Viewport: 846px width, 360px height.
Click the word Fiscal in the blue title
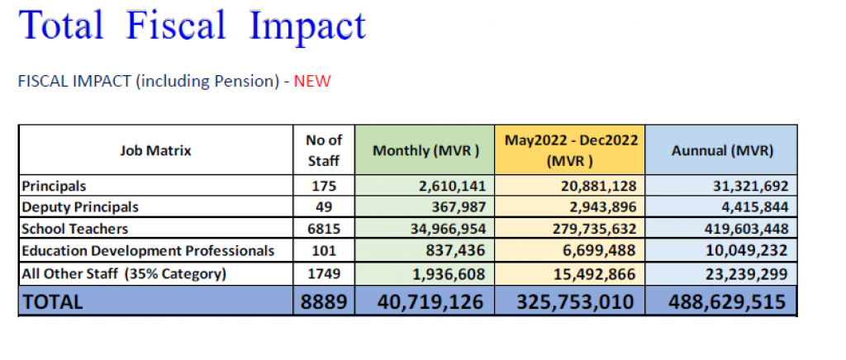coord(175,24)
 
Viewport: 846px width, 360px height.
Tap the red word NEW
coord(311,82)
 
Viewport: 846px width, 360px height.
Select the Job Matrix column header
coord(155,151)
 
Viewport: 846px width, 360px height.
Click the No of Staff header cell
coord(324,150)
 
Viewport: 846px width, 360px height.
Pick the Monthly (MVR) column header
coord(425,151)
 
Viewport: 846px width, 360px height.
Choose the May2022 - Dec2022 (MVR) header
coord(572,150)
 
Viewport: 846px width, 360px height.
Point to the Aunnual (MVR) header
coord(722,151)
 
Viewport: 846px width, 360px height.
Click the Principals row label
coord(54,186)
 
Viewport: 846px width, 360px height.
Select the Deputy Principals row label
coord(80,207)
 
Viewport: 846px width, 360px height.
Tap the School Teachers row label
coord(75,229)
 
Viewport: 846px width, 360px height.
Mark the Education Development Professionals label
coord(148,251)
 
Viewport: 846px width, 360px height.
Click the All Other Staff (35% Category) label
coord(124,273)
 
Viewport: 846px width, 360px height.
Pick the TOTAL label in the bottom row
coord(52,302)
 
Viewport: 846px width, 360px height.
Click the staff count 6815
coord(324,229)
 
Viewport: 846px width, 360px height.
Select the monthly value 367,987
coord(457,207)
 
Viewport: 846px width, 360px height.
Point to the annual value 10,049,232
coord(749,251)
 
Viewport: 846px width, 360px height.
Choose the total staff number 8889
coord(324,302)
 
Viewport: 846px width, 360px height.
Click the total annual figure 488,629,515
coord(727,302)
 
